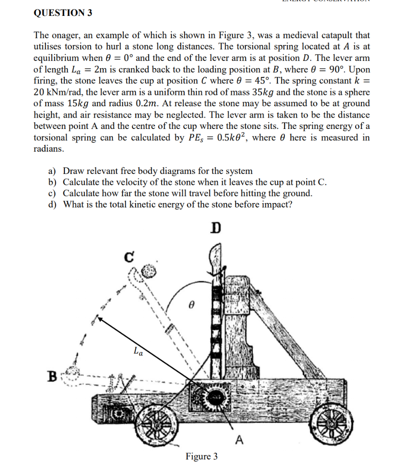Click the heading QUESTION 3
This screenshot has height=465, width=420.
pos(63,13)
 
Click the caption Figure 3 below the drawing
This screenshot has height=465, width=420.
pos(201,456)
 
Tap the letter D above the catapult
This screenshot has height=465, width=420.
pos(216,228)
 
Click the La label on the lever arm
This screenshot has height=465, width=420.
pos(138,351)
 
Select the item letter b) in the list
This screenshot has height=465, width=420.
pos(52,182)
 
